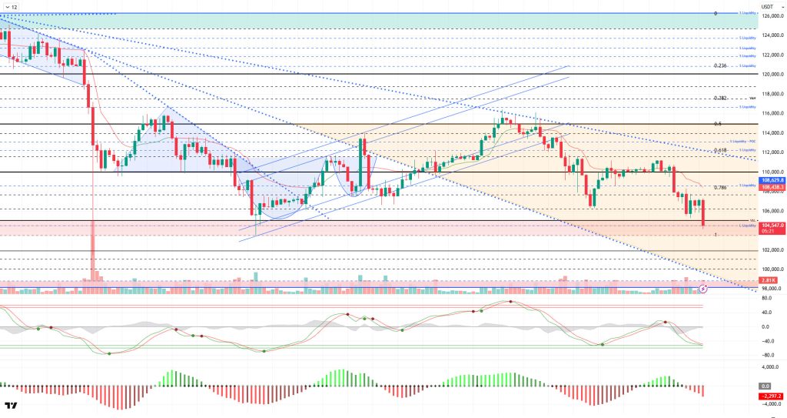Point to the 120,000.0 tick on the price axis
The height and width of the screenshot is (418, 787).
[771, 75]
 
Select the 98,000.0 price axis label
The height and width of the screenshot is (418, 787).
[770, 288]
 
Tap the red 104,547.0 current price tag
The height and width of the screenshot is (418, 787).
[771, 224]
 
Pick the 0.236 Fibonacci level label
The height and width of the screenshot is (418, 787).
[719, 66]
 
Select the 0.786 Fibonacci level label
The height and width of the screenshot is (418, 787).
[720, 187]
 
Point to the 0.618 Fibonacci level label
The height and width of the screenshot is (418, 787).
[720, 150]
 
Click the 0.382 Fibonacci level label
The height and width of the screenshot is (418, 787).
[720, 99]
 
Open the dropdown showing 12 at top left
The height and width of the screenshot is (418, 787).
[11, 6]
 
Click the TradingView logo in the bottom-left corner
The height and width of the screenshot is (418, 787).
[11, 406]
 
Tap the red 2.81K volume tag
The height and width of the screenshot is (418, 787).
[769, 280]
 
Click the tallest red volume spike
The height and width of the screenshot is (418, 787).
[93, 254]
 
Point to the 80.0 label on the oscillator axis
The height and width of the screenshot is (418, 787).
[768, 298]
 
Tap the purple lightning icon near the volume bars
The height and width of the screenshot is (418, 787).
[702, 289]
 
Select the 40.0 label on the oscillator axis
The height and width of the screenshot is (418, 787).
[768, 313]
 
